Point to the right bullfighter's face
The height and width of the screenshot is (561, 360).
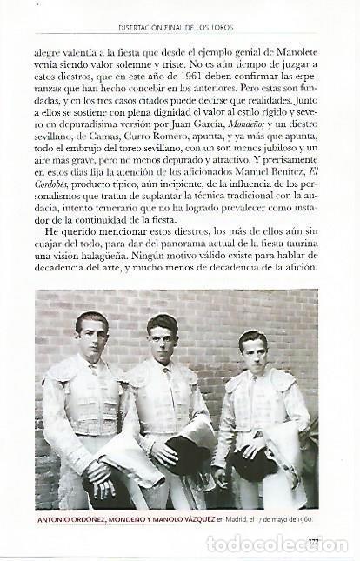(252, 351)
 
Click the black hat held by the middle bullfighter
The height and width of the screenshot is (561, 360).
(189, 453)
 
